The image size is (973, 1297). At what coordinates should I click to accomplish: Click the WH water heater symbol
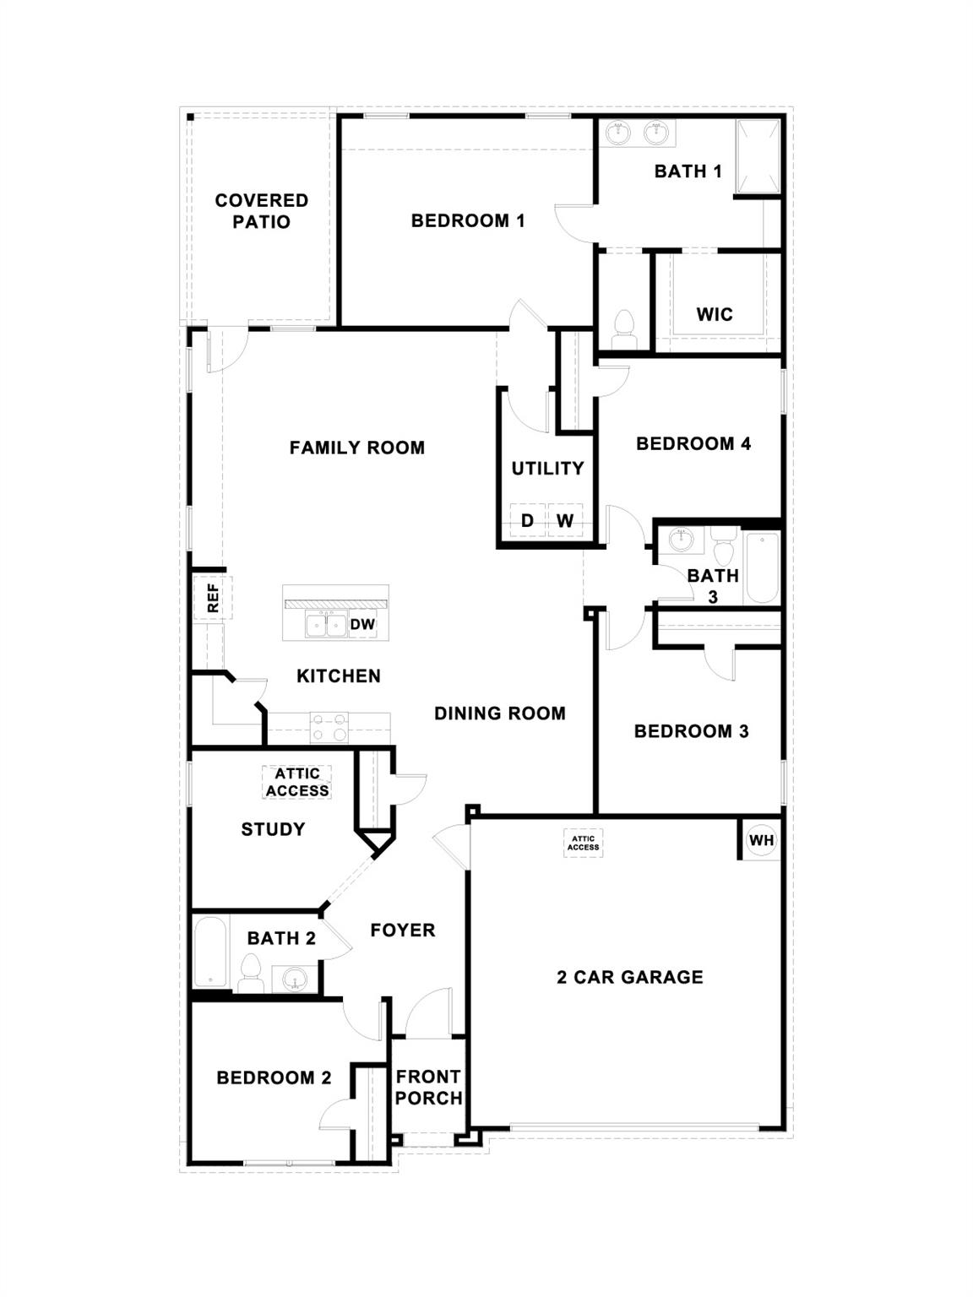tap(761, 840)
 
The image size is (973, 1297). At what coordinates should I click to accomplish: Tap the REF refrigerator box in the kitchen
tap(212, 598)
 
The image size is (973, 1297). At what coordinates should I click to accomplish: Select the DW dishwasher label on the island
tap(362, 625)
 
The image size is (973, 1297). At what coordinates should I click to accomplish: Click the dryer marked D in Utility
tap(528, 521)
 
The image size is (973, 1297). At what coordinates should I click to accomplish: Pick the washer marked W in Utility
tap(565, 521)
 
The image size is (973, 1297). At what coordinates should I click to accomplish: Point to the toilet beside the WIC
tap(625, 326)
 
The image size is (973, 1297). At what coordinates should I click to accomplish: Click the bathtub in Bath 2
tap(209, 952)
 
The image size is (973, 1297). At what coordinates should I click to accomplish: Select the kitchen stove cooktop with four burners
tap(329, 727)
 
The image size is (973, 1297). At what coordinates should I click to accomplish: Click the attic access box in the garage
tap(583, 843)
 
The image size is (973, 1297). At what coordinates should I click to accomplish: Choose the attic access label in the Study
tap(297, 782)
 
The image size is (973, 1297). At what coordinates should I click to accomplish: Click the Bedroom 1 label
tap(468, 220)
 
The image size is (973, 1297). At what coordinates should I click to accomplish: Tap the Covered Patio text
tap(262, 211)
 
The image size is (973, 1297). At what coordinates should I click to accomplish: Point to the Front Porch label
tap(428, 1088)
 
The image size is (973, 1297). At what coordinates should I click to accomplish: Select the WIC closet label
tap(715, 314)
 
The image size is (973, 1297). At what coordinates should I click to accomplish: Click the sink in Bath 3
tap(681, 539)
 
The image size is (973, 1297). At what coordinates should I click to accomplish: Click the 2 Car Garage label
tap(630, 977)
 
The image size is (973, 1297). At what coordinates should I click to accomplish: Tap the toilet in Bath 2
tap(250, 974)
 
